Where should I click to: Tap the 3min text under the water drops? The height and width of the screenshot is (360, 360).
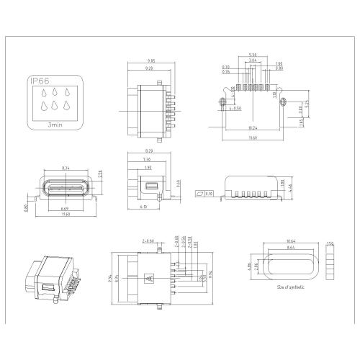pos(55,125)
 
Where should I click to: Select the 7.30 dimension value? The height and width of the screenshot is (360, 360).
pos(146,159)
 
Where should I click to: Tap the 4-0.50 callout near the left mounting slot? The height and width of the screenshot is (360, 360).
pos(234,108)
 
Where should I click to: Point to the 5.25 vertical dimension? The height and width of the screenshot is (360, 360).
pos(307,104)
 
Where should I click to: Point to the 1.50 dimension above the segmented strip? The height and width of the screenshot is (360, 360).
pos(330,243)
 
